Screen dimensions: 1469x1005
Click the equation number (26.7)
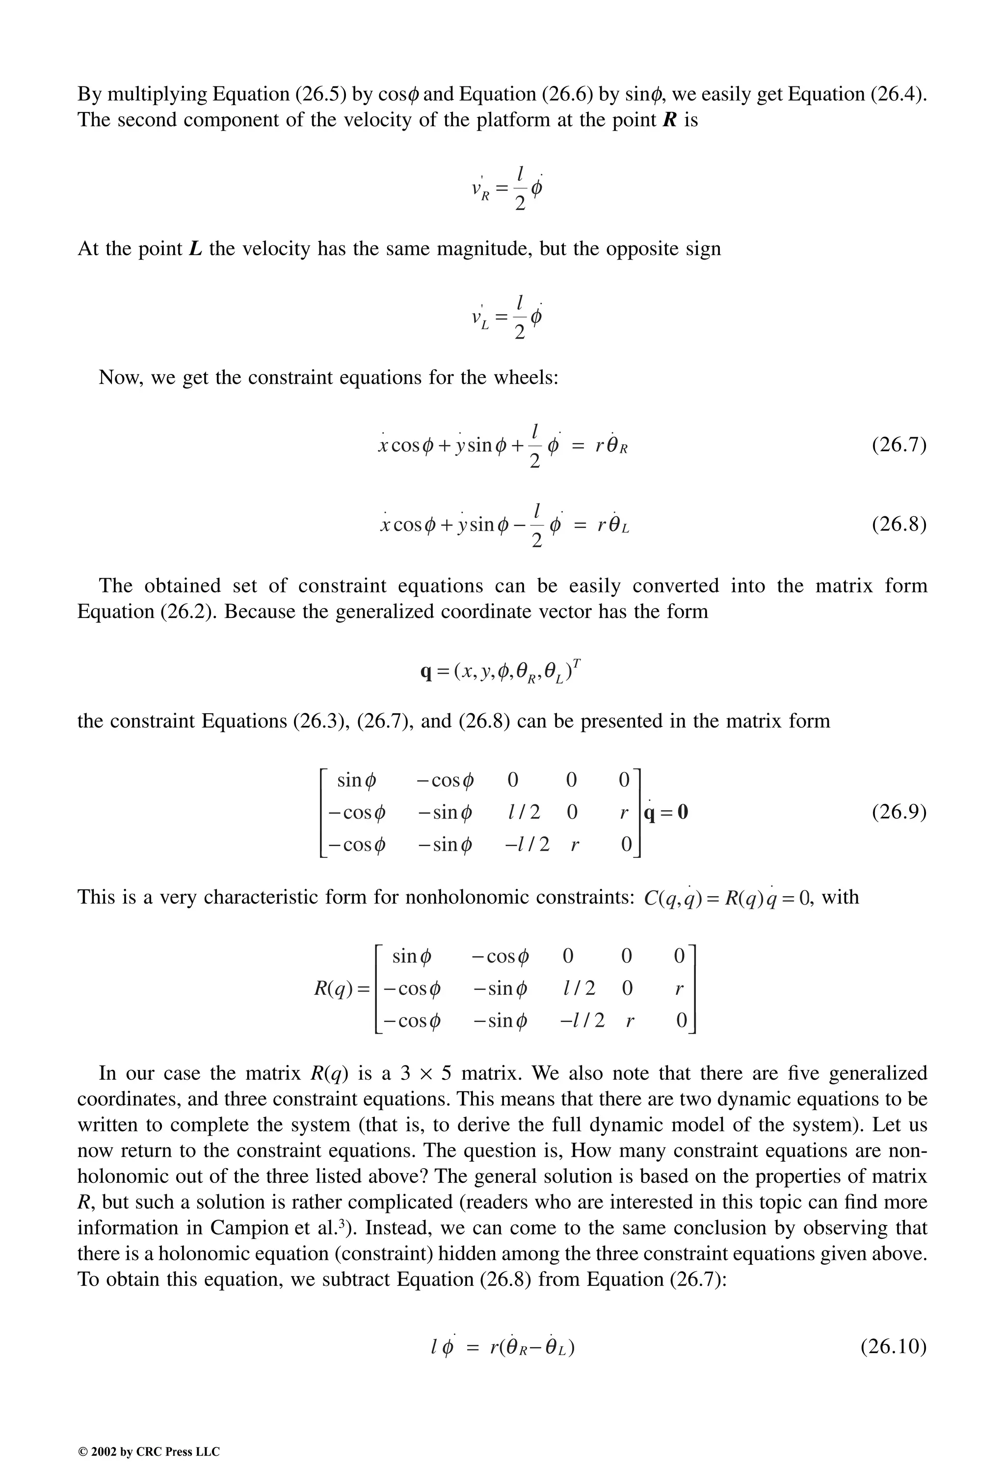(899, 445)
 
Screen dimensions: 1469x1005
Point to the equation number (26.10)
(893, 1346)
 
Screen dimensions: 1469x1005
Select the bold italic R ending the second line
(669, 119)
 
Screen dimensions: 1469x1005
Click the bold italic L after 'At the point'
(195, 248)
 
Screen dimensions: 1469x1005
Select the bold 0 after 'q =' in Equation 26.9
(682, 812)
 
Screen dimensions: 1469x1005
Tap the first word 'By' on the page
(89, 94)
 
